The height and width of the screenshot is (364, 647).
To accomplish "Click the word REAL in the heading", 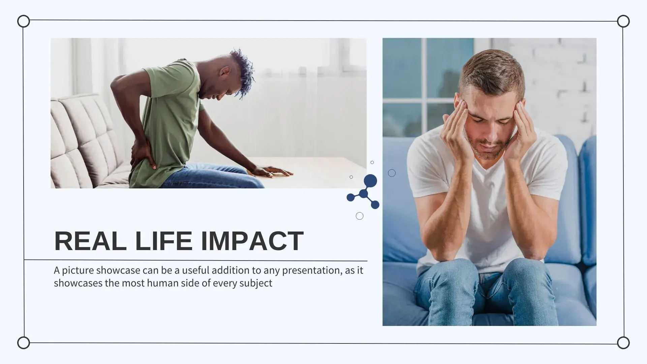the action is (x=90, y=241).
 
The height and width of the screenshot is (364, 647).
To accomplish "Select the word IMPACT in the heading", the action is (x=252, y=241).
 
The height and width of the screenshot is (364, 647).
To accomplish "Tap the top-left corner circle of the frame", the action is (x=24, y=21).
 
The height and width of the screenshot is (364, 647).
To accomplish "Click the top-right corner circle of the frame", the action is (x=623, y=21).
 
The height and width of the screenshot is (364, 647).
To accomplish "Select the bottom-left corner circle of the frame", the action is (x=24, y=343).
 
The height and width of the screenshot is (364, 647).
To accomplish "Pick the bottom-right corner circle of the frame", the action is (x=623, y=343).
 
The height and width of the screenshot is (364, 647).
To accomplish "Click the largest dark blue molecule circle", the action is (x=370, y=181).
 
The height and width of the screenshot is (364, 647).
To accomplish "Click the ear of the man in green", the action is (x=225, y=72).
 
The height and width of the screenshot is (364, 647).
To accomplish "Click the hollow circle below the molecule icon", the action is (x=360, y=216).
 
